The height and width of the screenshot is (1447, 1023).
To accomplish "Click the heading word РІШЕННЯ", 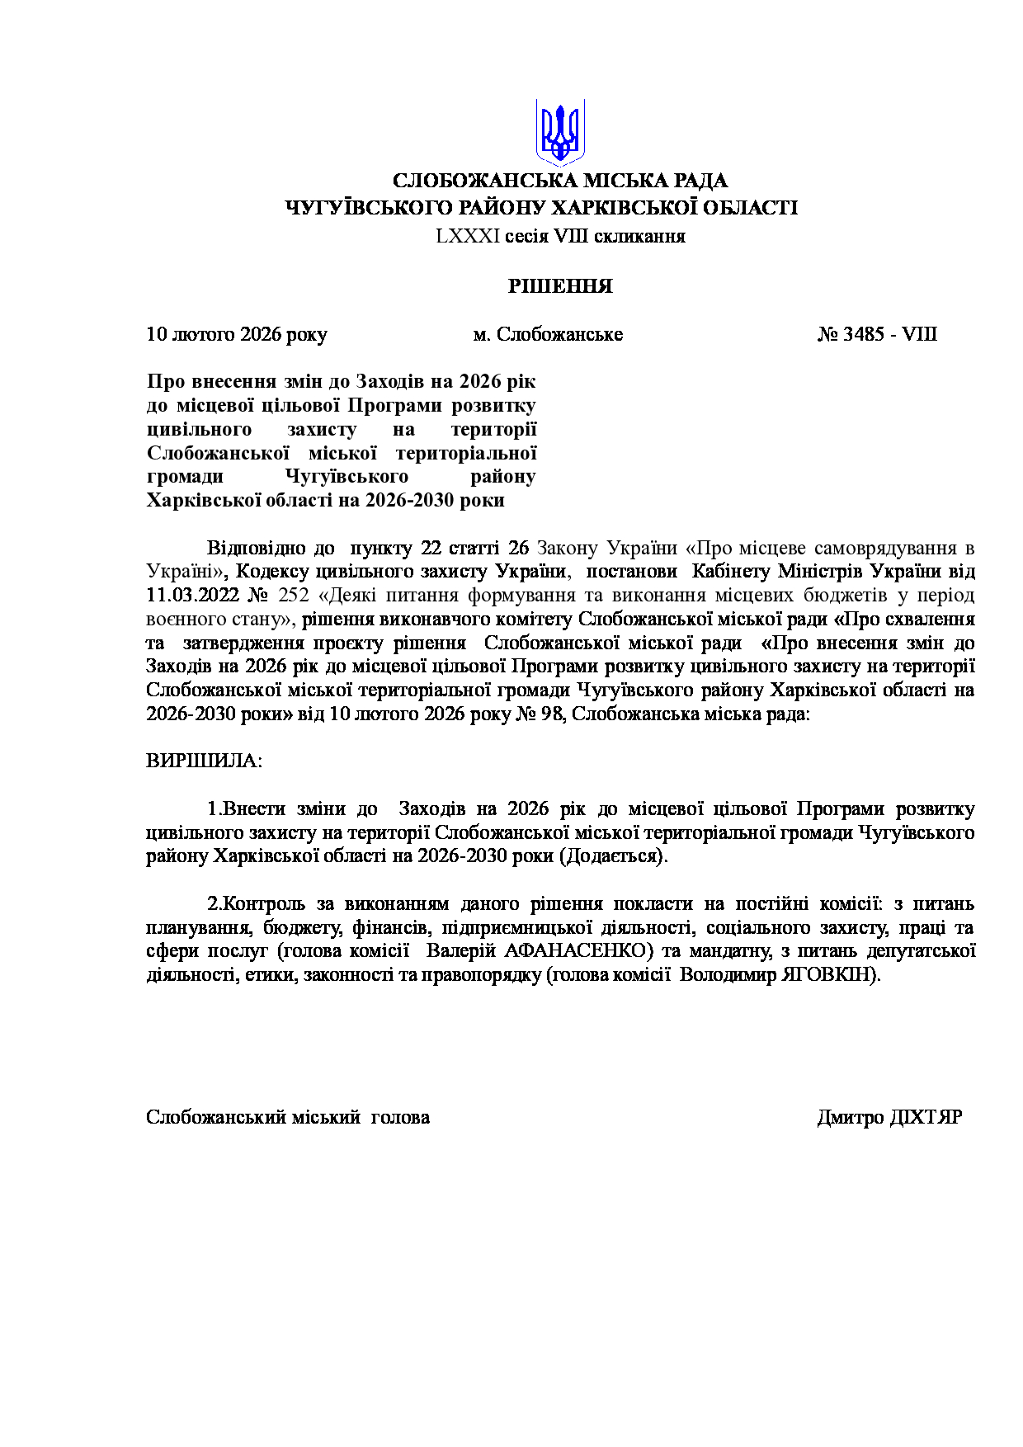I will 560,286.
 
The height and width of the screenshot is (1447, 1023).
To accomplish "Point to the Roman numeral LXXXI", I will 468,237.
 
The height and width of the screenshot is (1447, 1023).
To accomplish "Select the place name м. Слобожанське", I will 548,334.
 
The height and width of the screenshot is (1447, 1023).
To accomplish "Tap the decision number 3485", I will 864,334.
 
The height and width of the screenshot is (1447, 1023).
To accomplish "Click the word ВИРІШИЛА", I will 203,761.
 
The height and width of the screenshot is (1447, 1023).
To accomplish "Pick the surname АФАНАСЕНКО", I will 577,950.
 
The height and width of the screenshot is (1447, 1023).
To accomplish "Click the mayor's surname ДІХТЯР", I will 926,1117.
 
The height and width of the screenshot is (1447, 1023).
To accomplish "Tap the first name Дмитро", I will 850,1117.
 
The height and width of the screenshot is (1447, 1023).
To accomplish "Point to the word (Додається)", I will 614,855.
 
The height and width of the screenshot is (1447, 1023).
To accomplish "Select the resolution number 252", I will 294,595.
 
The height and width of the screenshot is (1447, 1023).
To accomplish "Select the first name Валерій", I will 459,950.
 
